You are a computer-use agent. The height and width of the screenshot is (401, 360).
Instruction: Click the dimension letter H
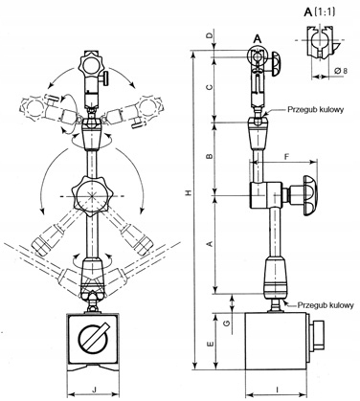(x=189, y=193)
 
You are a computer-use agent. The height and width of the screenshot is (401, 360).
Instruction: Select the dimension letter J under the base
(x=94, y=390)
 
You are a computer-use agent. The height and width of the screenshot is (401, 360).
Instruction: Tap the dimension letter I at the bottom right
(x=278, y=390)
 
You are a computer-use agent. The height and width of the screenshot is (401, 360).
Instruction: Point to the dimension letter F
(x=286, y=157)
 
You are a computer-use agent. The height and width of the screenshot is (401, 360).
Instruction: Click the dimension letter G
(x=227, y=323)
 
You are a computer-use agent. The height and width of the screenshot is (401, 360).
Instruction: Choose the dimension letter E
(x=210, y=345)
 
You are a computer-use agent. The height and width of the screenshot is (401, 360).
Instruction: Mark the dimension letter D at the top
(x=209, y=35)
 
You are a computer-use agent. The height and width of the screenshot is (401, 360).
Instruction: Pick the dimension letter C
(x=209, y=87)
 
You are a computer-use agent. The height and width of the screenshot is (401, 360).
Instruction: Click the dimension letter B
(x=209, y=156)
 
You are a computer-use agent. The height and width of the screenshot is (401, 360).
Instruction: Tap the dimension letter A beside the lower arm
(x=210, y=244)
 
